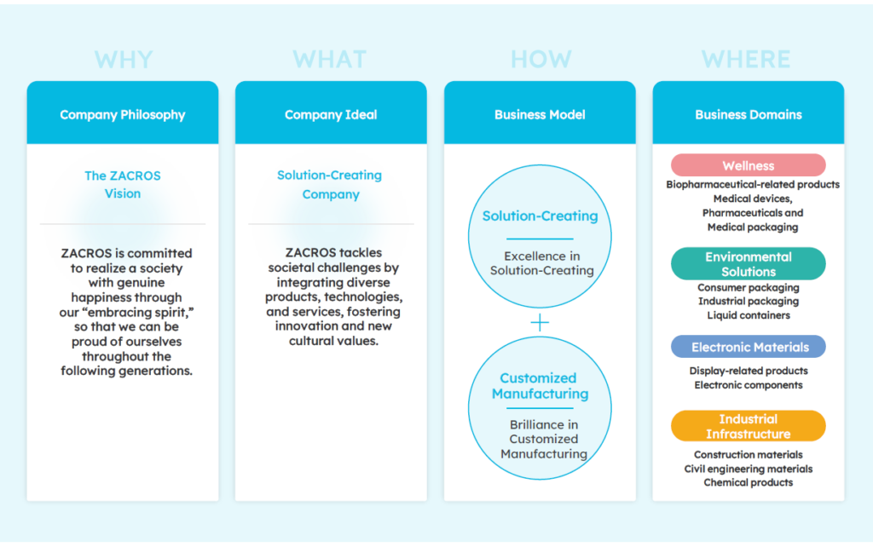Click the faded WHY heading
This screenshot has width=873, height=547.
pyautogui.click(x=124, y=60)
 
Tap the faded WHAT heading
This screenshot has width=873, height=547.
pyautogui.click(x=331, y=60)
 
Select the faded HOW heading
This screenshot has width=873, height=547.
pyautogui.click(x=541, y=60)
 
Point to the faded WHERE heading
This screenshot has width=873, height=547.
pyautogui.click(x=747, y=60)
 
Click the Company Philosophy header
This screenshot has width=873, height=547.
pyautogui.click(x=123, y=114)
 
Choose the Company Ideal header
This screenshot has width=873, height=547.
pyautogui.click(x=331, y=114)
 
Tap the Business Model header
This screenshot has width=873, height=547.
pyautogui.click(x=540, y=114)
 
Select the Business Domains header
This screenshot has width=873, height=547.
pyautogui.click(x=749, y=114)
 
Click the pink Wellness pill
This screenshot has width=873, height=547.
pyautogui.click(x=749, y=165)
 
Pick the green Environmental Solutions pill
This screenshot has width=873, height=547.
pyautogui.click(x=749, y=264)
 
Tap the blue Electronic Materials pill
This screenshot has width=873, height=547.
pyautogui.click(x=749, y=347)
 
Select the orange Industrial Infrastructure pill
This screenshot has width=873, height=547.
pyautogui.click(x=749, y=426)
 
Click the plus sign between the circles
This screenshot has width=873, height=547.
pyautogui.click(x=540, y=323)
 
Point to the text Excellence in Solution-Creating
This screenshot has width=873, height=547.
pyautogui.click(x=541, y=263)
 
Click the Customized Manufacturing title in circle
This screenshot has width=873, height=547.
pyautogui.click(x=540, y=386)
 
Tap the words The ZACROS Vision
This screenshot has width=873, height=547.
pyautogui.click(x=123, y=184)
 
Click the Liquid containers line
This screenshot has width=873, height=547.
pyautogui.click(x=749, y=315)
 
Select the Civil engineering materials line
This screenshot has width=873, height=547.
pyautogui.click(x=749, y=469)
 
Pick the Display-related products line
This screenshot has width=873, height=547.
pyautogui.click(x=749, y=371)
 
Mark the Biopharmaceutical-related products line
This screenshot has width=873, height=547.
pyautogui.click(x=753, y=184)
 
